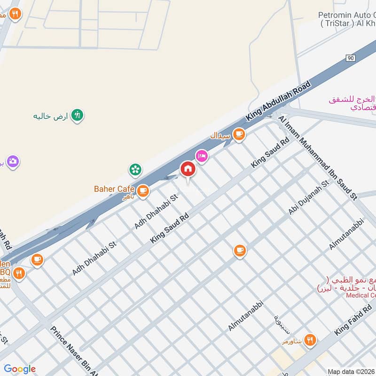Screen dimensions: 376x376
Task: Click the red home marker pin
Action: click(x=188, y=169)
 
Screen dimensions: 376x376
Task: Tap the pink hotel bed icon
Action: click(x=202, y=156)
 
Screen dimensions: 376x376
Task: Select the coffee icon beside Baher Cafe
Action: click(x=143, y=190)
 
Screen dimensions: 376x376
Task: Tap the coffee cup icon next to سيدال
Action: click(x=239, y=134)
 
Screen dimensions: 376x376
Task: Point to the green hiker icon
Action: click(x=77, y=115)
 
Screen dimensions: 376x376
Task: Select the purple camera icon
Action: click(x=13, y=162)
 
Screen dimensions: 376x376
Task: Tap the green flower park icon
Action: click(x=135, y=169)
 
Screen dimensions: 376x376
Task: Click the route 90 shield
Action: click(x=350, y=58)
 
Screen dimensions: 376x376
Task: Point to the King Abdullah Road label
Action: click(x=279, y=103)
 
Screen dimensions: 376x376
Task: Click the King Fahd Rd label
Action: click(x=353, y=320)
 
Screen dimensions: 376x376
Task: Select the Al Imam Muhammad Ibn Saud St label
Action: click(x=318, y=159)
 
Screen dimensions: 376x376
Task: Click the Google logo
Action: click(x=19, y=369)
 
